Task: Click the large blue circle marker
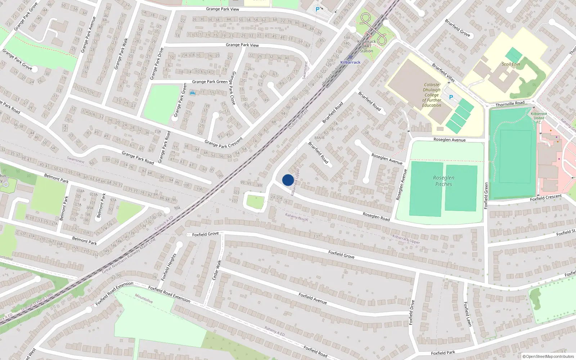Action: [288, 180]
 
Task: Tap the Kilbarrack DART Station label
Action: [366, 46]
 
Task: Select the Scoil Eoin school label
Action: [511, 64]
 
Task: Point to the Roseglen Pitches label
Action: [444, 181]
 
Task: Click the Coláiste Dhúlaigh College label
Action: [432, 95]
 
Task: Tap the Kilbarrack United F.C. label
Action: [539, 118]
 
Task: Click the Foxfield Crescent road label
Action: [546, 198]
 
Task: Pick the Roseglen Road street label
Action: [376, 216]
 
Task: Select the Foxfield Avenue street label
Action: [312, 298]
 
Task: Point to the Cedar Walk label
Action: [216, 270]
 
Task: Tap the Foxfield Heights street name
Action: [168, 267]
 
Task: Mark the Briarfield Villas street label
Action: [443, 72]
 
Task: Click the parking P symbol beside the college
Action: [451, 97]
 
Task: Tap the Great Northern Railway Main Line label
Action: [129, 255]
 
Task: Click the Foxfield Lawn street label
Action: [467, 314]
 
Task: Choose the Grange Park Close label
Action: [233, 88]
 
